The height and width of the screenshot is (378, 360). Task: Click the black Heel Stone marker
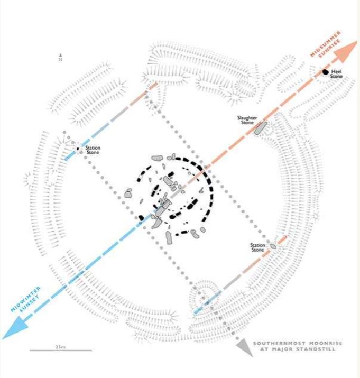pos(326,71)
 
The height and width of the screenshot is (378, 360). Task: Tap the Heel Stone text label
pos(337,74)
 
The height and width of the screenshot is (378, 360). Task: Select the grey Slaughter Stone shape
pos(261,127)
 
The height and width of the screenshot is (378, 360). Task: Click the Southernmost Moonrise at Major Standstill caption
pos(298,346)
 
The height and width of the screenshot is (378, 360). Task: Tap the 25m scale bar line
pos(60,351)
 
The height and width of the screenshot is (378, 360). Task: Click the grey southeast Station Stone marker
pos(273,246)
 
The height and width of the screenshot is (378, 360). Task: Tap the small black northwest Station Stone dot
pos(78,149)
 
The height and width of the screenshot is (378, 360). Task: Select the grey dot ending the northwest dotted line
pos(64,133)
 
